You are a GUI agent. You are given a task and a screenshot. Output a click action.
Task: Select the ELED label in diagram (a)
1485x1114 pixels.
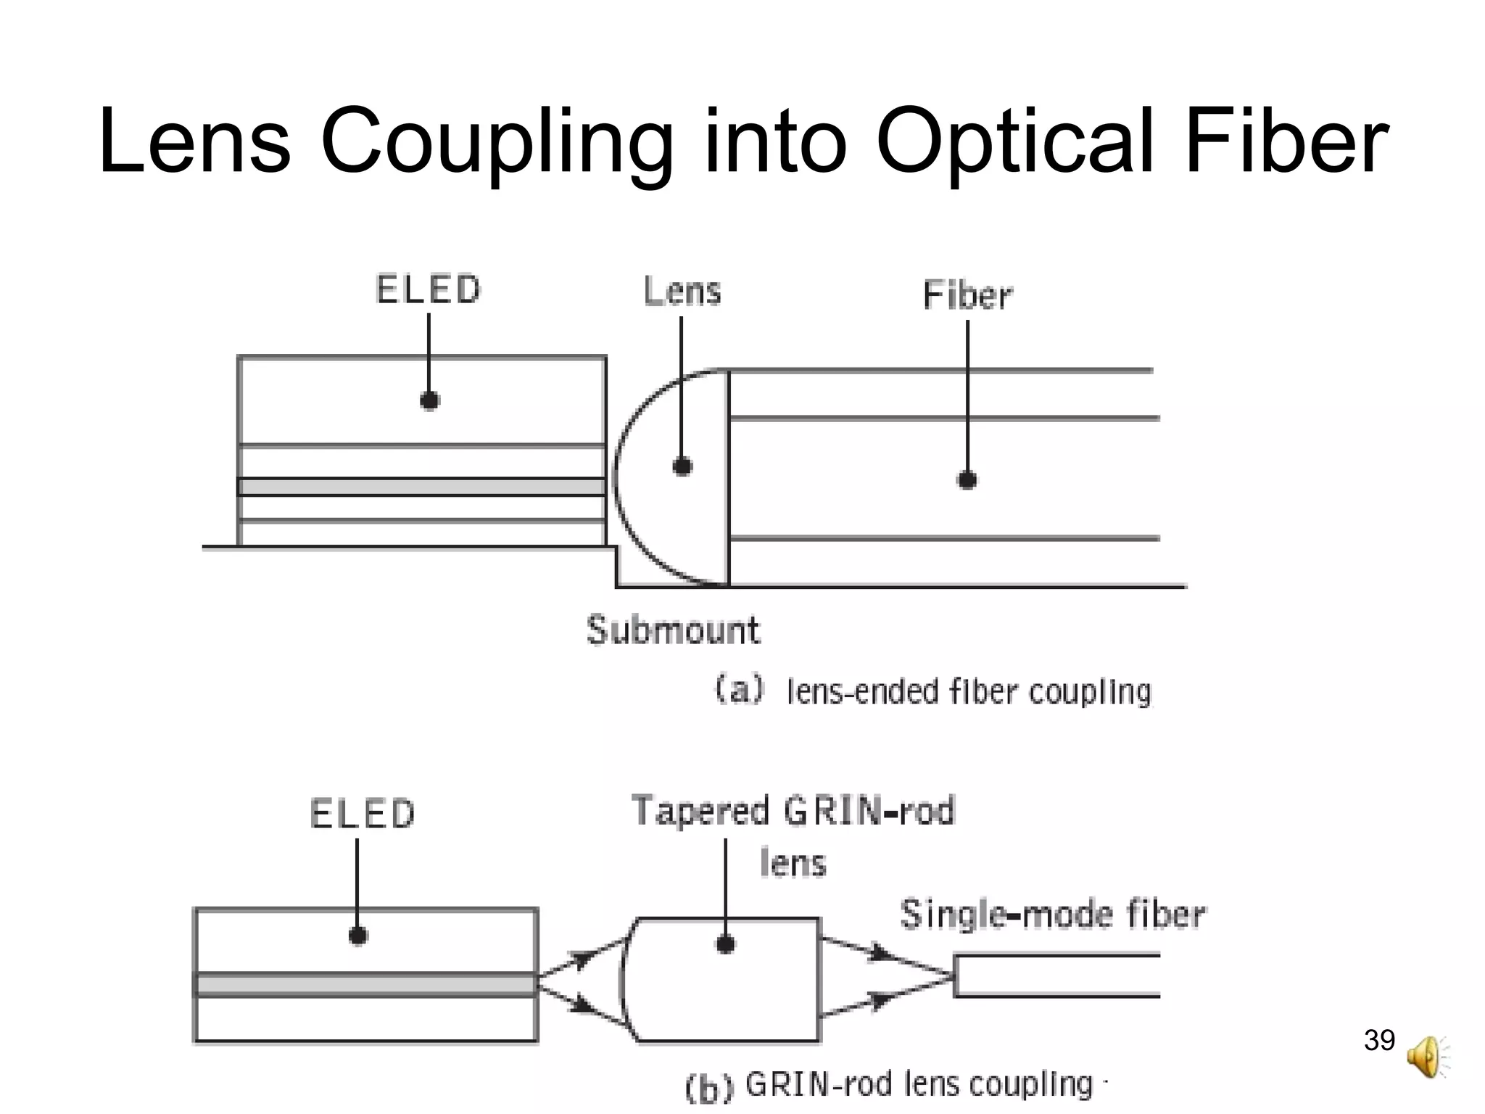(428, 289)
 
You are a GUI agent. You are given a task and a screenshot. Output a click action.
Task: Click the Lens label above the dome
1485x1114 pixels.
(682, 292)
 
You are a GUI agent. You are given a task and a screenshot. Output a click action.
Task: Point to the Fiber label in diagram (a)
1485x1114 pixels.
(967, 296)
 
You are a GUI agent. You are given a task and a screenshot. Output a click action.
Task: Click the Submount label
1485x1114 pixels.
(673, 630)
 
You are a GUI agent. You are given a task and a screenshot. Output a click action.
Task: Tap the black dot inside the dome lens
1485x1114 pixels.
(682, 466)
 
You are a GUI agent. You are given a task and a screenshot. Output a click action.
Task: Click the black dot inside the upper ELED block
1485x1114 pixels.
(429, 400)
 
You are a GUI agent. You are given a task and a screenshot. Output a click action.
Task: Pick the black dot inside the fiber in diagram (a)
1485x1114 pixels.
(967, 479)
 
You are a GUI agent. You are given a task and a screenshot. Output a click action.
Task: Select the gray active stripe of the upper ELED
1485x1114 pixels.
(421, 487)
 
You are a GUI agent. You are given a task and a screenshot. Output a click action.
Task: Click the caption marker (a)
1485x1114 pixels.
(739, 688)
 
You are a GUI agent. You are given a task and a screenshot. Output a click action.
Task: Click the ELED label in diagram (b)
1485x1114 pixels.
(362, 814)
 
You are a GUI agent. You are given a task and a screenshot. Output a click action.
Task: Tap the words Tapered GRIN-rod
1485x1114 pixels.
(793, 811)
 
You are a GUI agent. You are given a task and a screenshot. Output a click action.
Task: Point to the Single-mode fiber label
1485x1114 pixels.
(1052, 914)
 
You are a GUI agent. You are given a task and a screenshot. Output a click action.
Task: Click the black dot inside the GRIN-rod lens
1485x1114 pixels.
(725, 944)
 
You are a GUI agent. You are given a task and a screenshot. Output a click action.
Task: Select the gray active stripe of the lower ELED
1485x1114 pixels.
(365, 985)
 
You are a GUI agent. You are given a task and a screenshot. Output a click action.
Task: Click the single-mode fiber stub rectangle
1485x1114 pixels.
(1057, 976)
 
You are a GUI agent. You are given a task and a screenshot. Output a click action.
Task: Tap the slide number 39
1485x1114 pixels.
(1379, 1040)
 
